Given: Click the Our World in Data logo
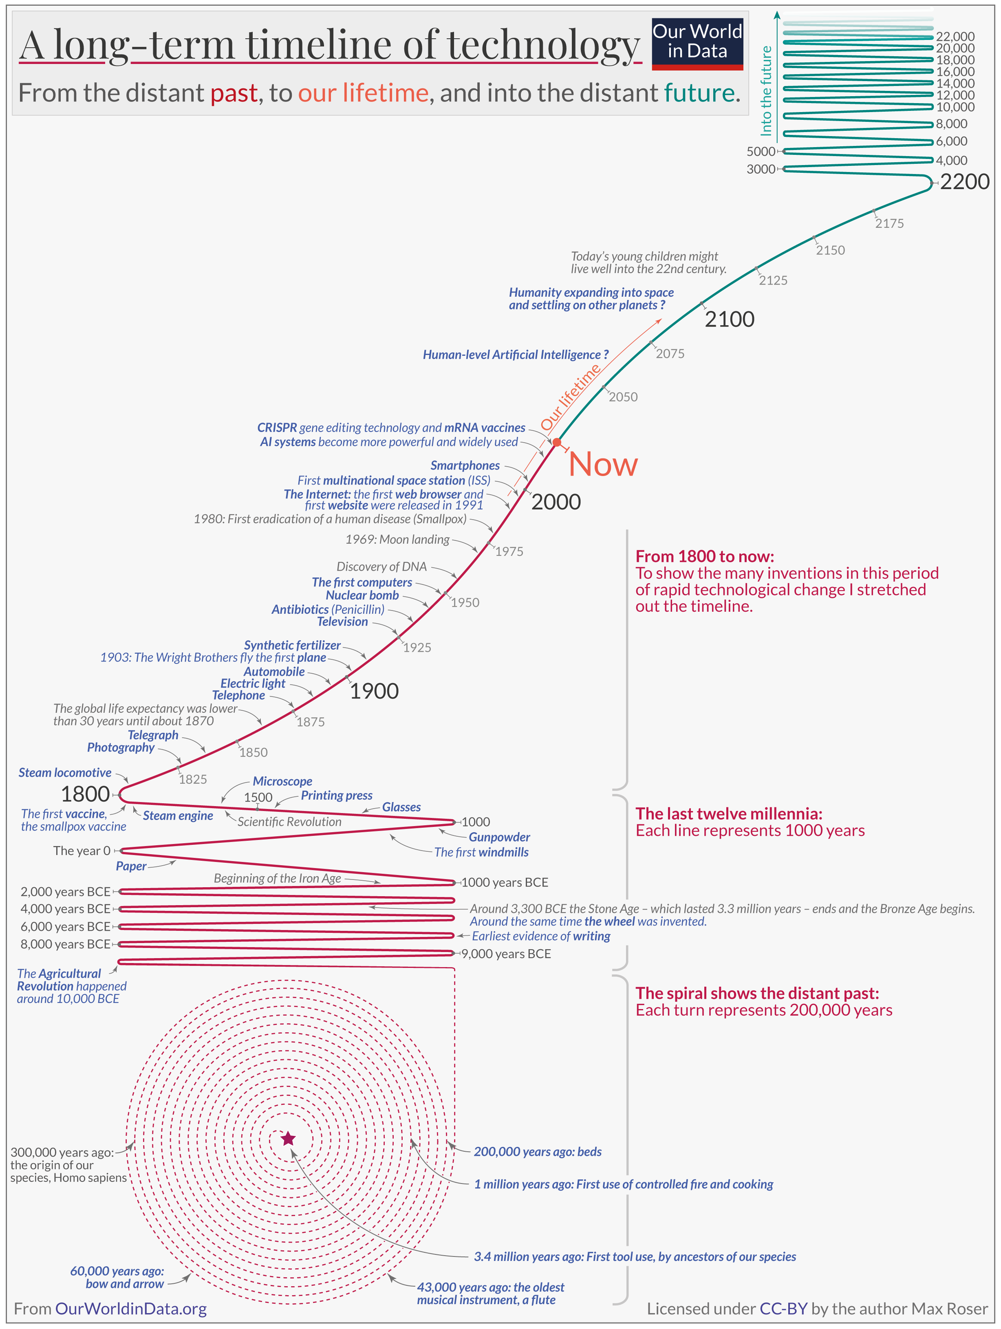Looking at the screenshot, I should coord(697,43).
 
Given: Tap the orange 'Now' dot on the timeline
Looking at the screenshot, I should coord(557,442).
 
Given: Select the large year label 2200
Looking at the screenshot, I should coord(964,181).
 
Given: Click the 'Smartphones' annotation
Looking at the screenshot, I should coord(465,466).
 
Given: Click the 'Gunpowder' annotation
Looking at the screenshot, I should coord(499,837).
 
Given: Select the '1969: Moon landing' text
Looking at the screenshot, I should coord(397,540).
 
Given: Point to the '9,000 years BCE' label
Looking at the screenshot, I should coord(505,954).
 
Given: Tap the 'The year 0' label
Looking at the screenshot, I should coord(82,851).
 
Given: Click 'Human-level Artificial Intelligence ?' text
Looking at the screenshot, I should coord(515,355).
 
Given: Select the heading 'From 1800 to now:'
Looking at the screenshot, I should coord(704,556).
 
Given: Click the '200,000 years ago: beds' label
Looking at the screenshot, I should coord(537,1152).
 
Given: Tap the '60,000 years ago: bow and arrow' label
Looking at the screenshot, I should coord(117,1277).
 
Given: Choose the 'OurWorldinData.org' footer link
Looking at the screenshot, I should coord(130,1309).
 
